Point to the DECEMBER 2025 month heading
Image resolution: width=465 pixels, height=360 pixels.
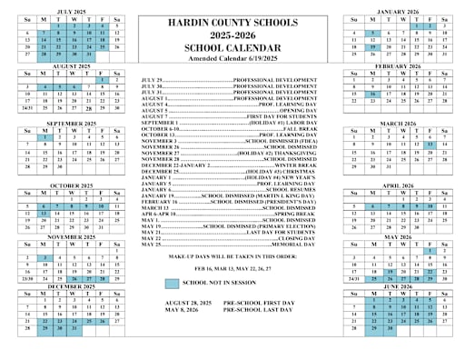(72, 287)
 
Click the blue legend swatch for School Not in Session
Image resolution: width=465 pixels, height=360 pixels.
(173, 283)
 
